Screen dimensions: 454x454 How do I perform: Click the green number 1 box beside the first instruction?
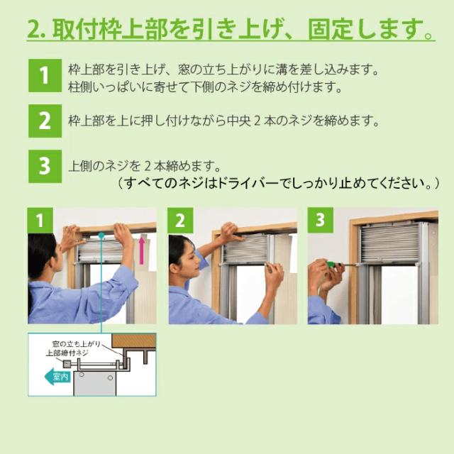44,76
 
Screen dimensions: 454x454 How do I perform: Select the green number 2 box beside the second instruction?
44,121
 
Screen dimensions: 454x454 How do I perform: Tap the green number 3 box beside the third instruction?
44,166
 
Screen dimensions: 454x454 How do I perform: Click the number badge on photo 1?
40,221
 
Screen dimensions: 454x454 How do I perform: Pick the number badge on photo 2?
180,221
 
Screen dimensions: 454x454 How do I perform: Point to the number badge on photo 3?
320,221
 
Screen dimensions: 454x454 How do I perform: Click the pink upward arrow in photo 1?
141,250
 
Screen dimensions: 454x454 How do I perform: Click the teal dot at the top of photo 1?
102,233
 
